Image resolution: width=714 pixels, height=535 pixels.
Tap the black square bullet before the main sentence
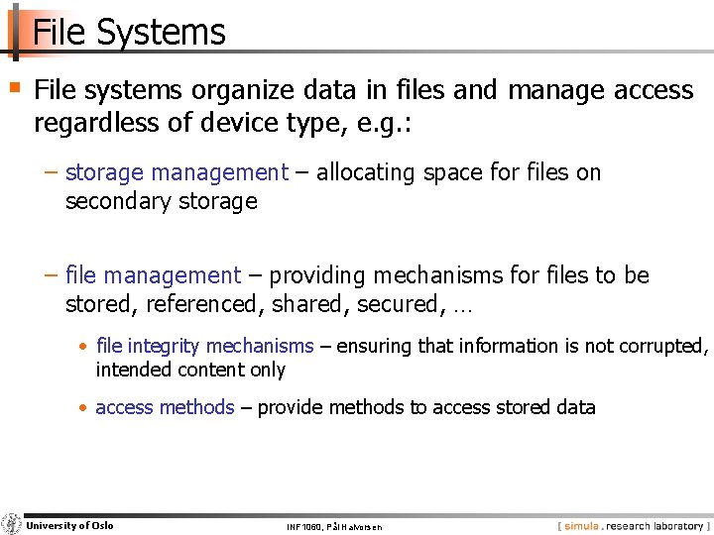pyautogui.click(x=15, y=87)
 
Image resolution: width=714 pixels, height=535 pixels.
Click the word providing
pyautogui.click(x=317, y=275)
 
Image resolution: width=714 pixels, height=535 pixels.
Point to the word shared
pyautogui.click(x=299, y=304)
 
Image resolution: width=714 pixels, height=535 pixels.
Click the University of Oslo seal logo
pyautogui.click(x=12, y=524)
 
